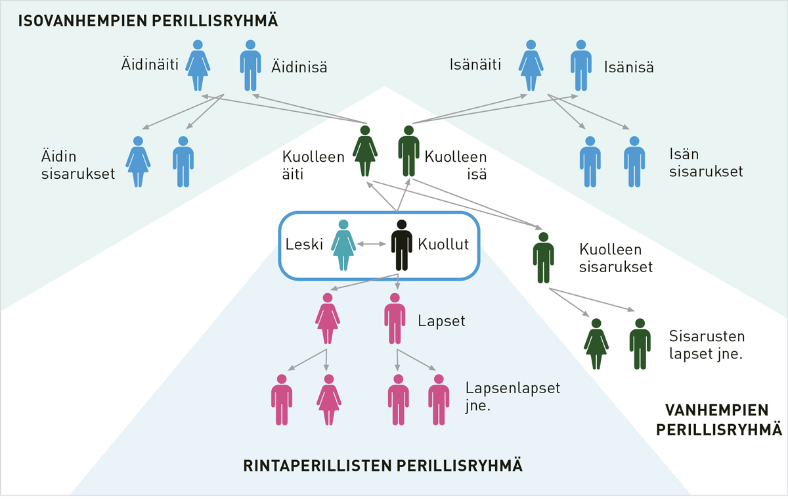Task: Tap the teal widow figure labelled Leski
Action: [x=343, y=245]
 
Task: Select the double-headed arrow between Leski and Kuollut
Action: [x=372, y=245]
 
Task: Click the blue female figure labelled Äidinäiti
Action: [x=197, y=66]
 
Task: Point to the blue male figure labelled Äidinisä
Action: [x=250, y=66]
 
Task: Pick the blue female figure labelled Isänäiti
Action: [x=530, y=66]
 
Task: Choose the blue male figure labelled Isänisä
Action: [x=580, y=66]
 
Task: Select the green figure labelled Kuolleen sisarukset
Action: [x=543, y=258]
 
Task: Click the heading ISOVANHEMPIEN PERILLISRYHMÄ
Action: [x=148, y=20]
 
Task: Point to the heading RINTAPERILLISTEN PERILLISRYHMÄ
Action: [x=383, y=466]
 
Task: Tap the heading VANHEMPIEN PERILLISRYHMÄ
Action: [x=720, y=420]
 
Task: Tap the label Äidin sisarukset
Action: [x=77, y=166]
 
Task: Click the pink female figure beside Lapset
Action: [x=327, y=319]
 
